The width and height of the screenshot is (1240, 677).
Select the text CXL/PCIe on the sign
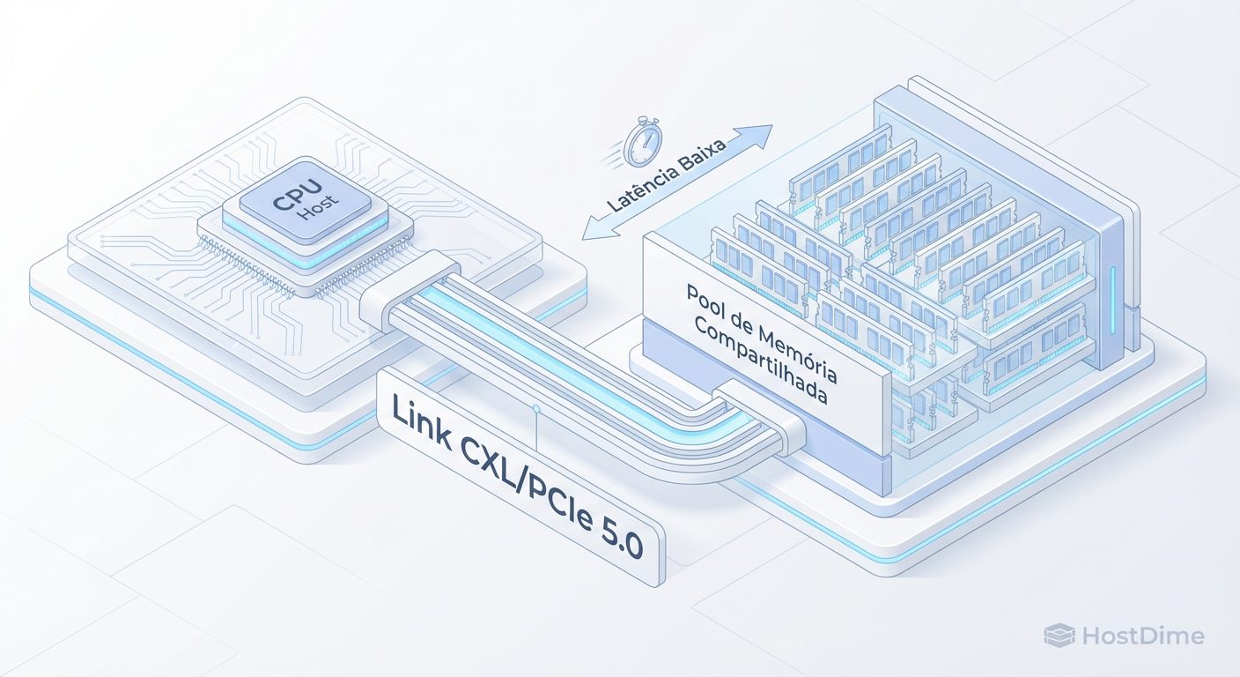[529, 475]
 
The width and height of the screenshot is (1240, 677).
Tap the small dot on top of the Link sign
[535, 409]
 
